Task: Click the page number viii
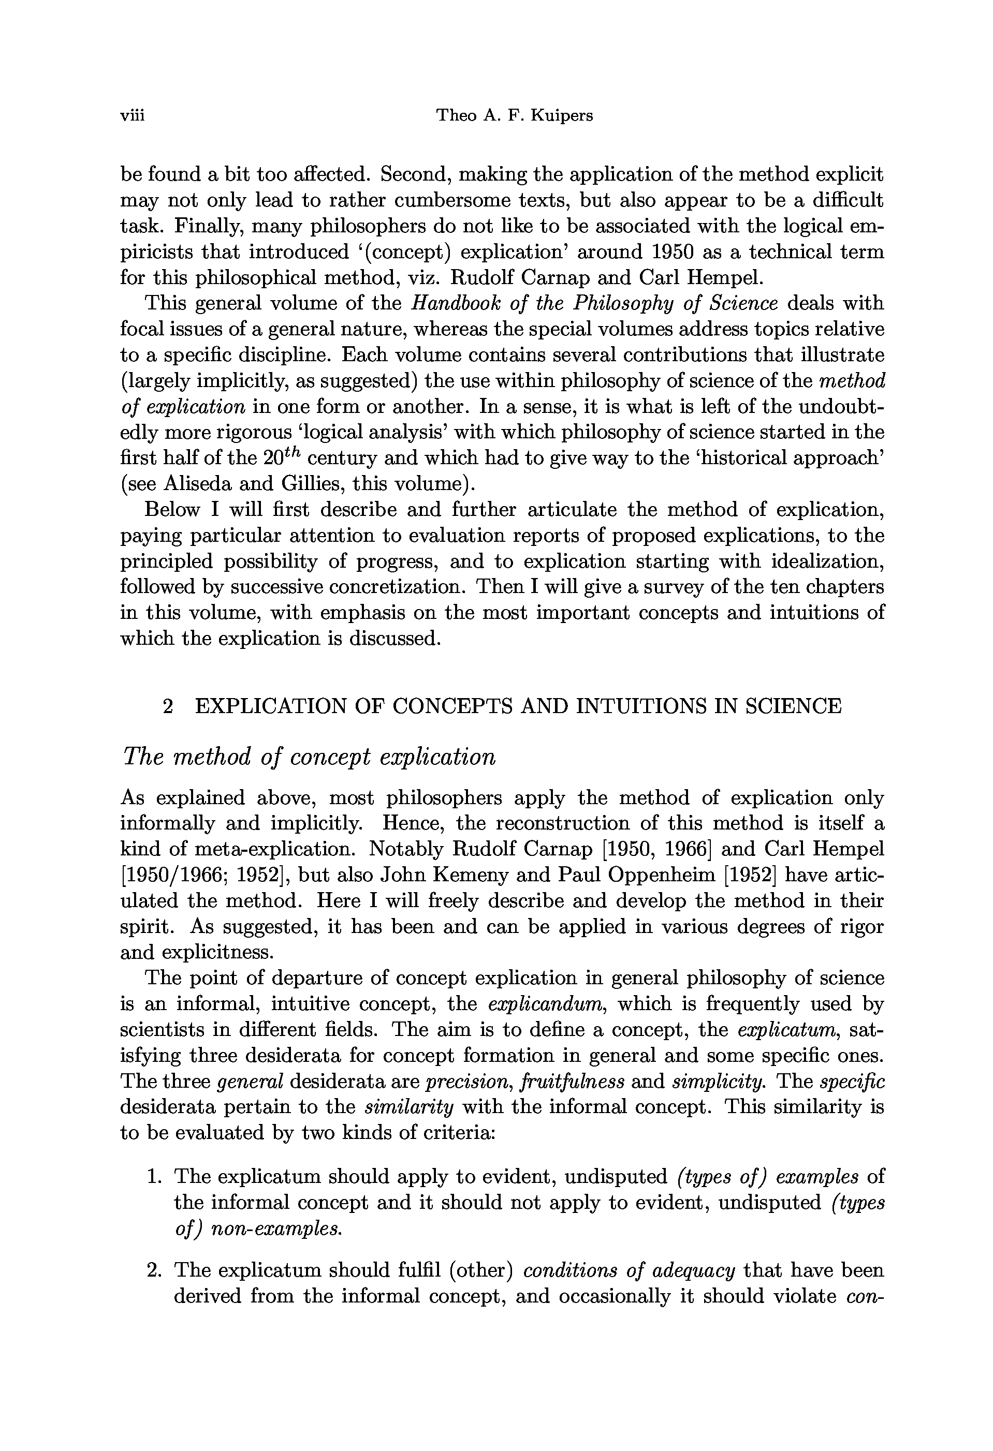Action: [x=132, y=115]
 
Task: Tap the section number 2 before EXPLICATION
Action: [x=167, y=706]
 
